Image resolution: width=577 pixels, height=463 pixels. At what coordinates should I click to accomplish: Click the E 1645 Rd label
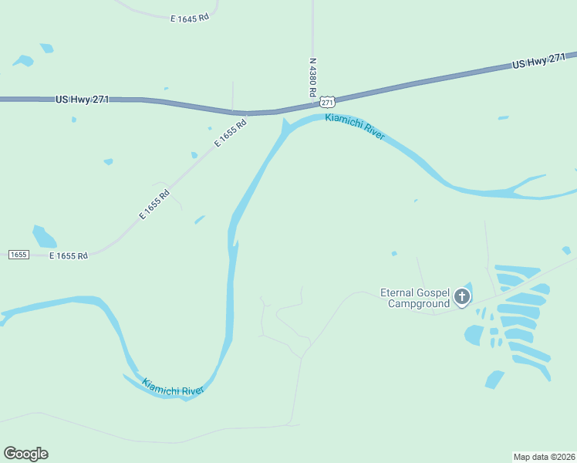pyautogui.click(x=190, y=17)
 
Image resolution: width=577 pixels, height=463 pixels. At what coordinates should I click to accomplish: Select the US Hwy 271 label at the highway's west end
pyautogui.click(x=83, y=100)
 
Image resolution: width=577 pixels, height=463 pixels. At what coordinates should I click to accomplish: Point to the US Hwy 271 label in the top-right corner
pyautogui.click(x=539, y=62)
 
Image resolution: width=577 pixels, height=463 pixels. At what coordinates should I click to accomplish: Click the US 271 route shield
pyautogui.click(x=328, y=102)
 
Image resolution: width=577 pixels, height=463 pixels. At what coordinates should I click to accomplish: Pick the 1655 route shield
pyautogui.click(x=19, y=255)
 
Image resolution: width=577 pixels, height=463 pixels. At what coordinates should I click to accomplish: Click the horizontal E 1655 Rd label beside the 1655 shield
pyautogui.click(x=69, y=255)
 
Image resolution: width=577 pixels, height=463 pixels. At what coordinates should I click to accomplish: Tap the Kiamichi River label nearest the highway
pyautogui.click(x=355, y=127)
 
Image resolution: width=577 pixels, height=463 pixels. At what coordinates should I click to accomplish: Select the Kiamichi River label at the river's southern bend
pyautogui.click(x=172, y=387)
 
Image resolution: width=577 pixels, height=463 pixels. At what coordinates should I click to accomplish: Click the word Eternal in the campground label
pyautogui.click(x=399, y=292)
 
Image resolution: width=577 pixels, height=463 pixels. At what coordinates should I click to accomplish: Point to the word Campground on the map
pyautogui.click(x=419, y=304)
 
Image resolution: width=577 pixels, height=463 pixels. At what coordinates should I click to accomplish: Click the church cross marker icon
pyautogui.click(x=462, y=296)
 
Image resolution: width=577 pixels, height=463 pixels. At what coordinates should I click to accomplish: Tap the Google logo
pyautogui.click(x=25, y=454)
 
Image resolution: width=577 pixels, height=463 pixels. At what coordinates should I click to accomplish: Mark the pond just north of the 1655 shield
pyautogui.click(x=44, y=236)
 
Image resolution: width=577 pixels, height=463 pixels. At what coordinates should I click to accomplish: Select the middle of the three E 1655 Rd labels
pyautogui.click(x=154, y=205)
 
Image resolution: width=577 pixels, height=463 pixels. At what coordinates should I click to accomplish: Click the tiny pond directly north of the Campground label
pyautogui.click(x=394, y=253)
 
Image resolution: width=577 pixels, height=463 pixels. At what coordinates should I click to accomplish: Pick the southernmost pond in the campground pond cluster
pyautogui.click(x=494, y=379)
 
